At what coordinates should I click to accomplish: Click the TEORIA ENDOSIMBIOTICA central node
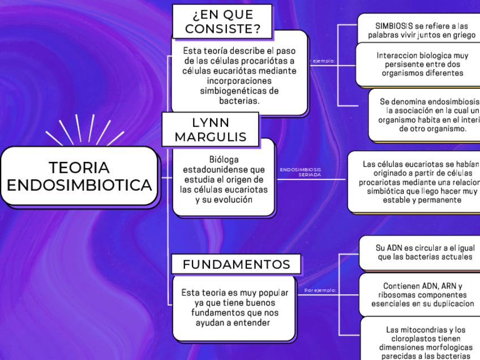[x=79, y=176]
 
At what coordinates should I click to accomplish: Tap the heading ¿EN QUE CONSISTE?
[x=222, y=22]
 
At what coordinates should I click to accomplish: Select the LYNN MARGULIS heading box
[x=210, y=130]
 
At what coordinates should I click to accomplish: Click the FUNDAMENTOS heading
[x=236, y=264]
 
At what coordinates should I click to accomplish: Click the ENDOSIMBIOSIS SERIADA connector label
[x=301, y=172]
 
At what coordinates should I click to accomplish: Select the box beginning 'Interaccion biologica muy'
[x=422, y=64]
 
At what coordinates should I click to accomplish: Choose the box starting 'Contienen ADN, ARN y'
[x=422, y=294]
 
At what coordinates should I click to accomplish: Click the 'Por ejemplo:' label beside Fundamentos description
[x=320, y=290]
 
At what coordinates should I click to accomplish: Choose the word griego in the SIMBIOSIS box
[x=462, y=35]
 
